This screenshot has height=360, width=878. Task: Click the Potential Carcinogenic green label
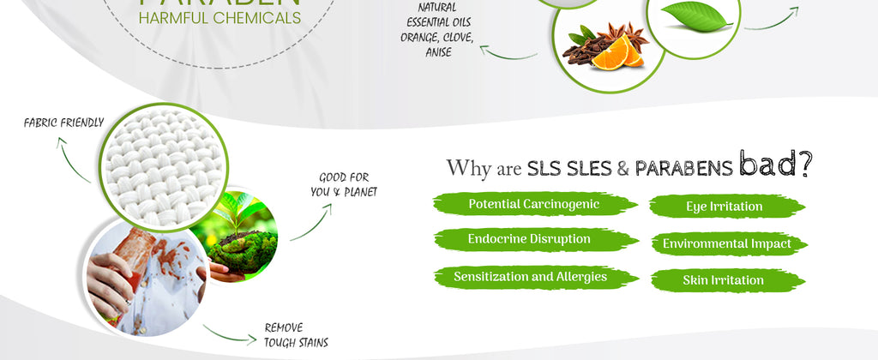533,204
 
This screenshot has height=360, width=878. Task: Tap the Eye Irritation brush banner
725,207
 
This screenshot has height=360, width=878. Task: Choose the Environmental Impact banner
725,244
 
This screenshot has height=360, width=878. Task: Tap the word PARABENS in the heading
683,168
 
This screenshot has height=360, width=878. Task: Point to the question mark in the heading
805,165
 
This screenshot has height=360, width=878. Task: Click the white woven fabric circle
162,165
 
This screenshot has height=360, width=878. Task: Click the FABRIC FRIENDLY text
63,123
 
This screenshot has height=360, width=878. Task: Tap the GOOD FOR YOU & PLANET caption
343,184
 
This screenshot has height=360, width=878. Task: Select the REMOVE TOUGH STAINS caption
296,335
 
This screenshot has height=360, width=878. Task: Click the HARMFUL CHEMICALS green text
219,18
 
